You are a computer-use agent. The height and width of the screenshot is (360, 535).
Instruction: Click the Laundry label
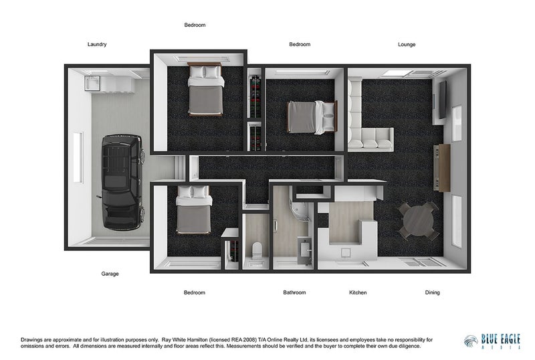(97, 44)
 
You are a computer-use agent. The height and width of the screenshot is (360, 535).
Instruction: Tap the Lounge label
(407, 44)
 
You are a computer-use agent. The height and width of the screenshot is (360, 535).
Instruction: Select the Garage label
(110, 274)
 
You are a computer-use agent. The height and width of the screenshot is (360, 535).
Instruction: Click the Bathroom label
(294, 292)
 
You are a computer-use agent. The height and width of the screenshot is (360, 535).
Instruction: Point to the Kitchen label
(358, 292)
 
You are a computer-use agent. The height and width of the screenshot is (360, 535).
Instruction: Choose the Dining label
(432, 292)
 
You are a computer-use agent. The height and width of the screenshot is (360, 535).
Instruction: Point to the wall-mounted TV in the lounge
(442, 100)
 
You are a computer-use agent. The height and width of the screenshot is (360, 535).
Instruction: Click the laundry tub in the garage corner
(92, 84)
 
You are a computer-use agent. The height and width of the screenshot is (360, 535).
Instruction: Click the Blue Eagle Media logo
(492, 341)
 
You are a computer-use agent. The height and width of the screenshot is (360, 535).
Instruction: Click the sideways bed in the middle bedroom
(312, 117)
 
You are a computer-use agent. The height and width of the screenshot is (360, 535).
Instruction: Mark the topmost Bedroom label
(195, 25)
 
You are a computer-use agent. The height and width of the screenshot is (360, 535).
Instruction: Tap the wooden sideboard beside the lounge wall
(443, 168)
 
